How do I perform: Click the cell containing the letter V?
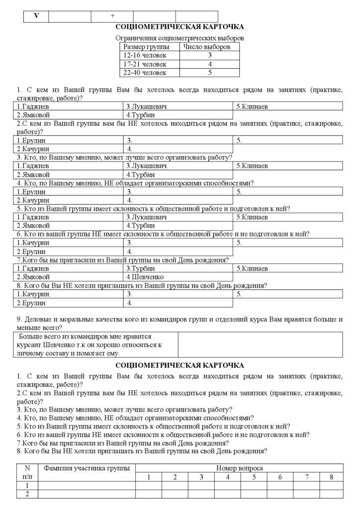tap(36, 16)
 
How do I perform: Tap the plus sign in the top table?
tap(112, 16)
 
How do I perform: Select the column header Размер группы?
tap(143, 47)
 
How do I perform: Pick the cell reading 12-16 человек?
tap(145, 55)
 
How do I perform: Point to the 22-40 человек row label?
tap(145, 73)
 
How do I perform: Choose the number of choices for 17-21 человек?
tap(210, 64)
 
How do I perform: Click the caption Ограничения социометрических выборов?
tap(180, 38)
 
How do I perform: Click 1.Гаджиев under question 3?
tap(33, 166)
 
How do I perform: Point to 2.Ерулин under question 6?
tap(31, 252)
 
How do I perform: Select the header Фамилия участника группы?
tap(87, 468)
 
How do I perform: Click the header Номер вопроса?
tap(240, 468)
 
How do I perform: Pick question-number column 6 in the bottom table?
tap(280, 477)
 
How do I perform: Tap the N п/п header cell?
tap(27, 472)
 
